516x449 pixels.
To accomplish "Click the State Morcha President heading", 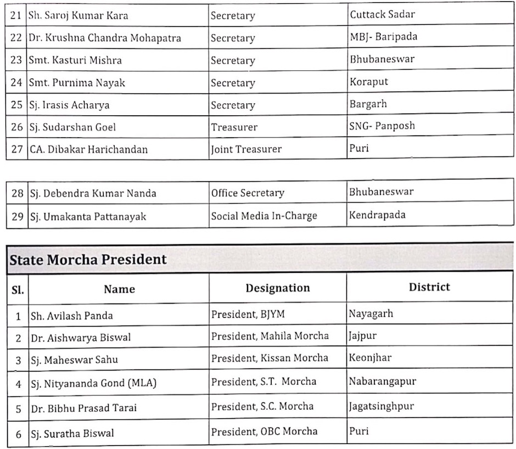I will tap(88, 259).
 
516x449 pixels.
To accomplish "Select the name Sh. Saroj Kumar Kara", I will tap(78, 15).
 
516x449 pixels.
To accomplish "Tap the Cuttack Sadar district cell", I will tap(382, 14).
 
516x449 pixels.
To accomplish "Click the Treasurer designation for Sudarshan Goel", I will tap(234, 127).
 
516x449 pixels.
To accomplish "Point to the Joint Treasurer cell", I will tap(246, 149).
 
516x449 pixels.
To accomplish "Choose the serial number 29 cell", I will tap(17, 216).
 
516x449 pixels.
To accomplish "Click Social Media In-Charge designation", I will tap(264, 216).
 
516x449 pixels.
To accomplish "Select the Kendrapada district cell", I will tap(377, 215).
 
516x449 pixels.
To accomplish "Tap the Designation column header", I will tap(277, 288).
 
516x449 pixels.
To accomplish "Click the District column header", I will tap(429, 287).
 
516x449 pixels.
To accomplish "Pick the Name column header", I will tap(119, 289).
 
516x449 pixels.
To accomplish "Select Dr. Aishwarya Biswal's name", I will tap(80, 338).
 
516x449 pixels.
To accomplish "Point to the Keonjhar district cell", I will tap(370, 358).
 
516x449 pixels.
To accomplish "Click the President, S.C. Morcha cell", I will tap(262, 406).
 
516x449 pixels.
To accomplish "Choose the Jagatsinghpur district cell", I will tap(381, 406).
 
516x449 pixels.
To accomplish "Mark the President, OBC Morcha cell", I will tap(264, 431).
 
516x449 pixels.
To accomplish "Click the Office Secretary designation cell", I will tap(248, 193).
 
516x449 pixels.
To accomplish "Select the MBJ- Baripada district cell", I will tap(383, 37).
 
